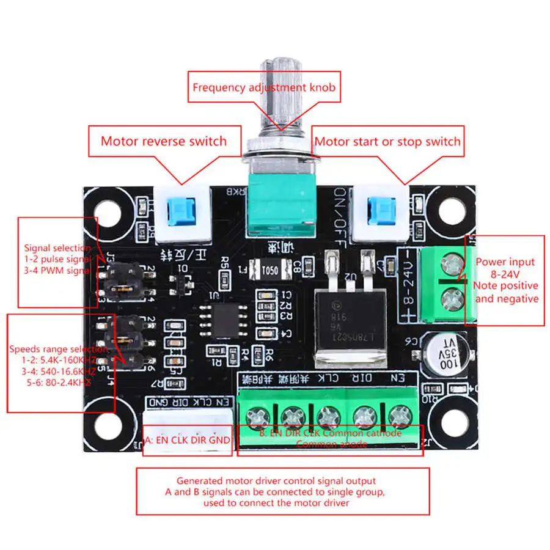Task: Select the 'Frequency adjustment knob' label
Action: [264, 87]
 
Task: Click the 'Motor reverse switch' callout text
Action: [164, 141]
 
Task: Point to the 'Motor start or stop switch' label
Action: [387, 142]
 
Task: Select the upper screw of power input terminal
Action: [452, 265]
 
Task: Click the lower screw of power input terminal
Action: [452, 299]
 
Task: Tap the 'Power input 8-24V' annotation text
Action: [507, 267]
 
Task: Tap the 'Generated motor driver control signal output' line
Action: [276, 481]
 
